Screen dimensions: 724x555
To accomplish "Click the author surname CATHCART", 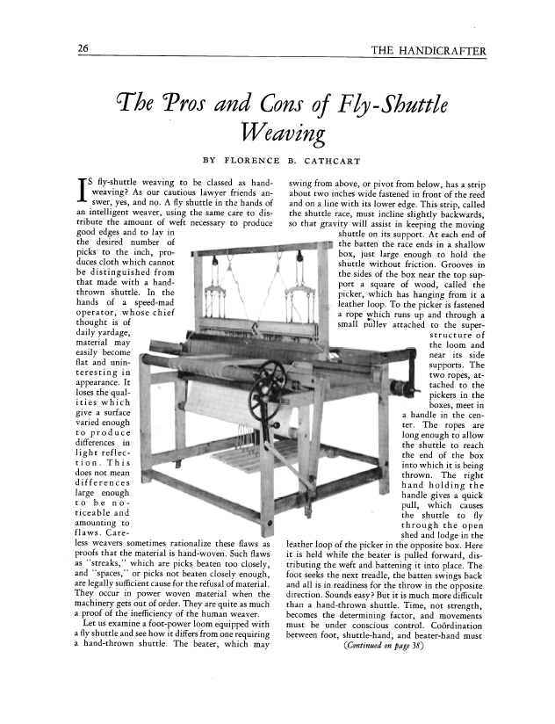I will [342, 161].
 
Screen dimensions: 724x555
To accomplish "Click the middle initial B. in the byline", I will [293, 161].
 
